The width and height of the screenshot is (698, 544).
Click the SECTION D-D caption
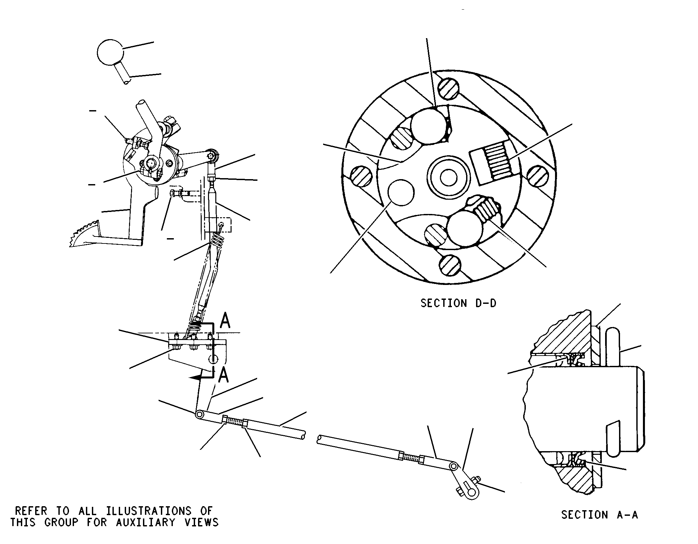(458, 303)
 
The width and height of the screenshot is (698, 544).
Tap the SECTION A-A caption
(599, 514)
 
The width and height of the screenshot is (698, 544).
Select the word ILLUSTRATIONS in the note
(149, 510)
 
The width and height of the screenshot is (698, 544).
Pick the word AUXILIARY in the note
(145, 522)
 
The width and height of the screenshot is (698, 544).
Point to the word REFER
(31, 510)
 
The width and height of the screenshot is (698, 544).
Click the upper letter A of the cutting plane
(225, 321)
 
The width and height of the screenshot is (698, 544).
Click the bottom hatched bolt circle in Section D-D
(450, 265)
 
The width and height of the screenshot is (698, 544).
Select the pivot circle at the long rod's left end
(200, 414)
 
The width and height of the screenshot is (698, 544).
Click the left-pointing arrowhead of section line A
(196, 377)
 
